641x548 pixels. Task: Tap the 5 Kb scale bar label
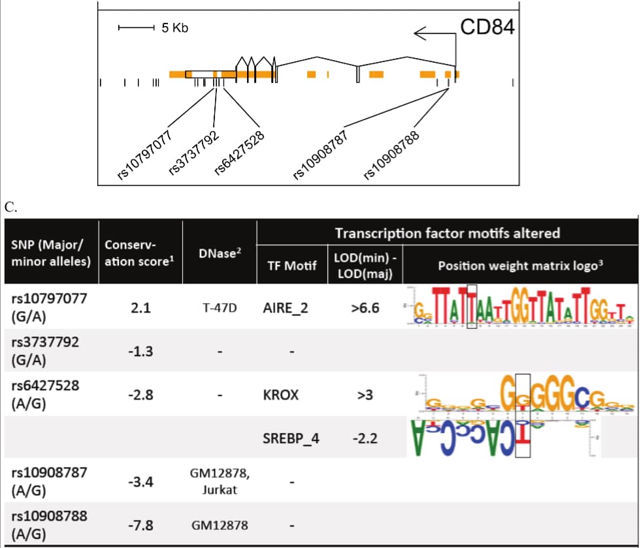174,27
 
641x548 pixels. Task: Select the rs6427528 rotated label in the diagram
239,153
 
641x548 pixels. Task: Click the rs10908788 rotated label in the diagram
390,157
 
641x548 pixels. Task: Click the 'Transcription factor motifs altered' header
447,233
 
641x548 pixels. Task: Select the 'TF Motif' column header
291,266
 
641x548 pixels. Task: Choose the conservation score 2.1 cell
140,307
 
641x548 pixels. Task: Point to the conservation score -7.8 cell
140,524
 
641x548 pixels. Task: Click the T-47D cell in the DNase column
220,307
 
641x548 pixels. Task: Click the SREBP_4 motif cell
291,438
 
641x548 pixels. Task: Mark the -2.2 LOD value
364,438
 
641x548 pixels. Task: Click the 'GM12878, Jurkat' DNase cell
220,481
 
